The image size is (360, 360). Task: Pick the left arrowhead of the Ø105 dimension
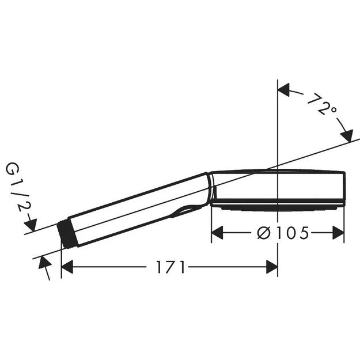tap(218, 233)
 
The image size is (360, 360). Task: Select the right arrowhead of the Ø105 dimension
tap(338, 233)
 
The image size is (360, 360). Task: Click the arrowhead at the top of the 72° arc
tap(285, 89)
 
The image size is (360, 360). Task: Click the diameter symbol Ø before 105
tap(263, 233)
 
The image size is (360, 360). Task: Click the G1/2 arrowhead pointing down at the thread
tap(32, 225)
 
